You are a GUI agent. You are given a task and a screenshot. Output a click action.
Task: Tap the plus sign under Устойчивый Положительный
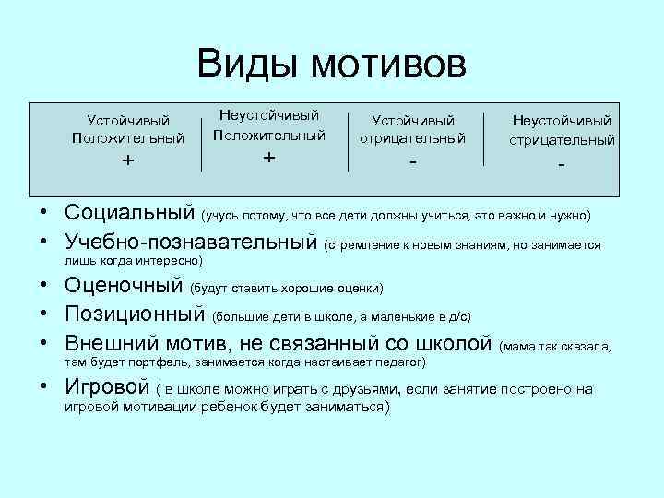click(127, 160)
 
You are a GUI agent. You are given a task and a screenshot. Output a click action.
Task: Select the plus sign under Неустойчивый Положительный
click(268, 157)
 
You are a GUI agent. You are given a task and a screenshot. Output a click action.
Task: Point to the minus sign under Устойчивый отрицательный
click(413, 162)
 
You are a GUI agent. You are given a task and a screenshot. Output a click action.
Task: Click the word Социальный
click(129, 213)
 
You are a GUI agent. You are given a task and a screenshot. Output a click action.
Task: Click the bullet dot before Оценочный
click(43, 288)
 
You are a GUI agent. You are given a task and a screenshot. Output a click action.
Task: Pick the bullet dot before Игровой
click(43, 387)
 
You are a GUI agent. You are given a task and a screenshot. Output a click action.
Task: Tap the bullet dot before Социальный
click(43, 213)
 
